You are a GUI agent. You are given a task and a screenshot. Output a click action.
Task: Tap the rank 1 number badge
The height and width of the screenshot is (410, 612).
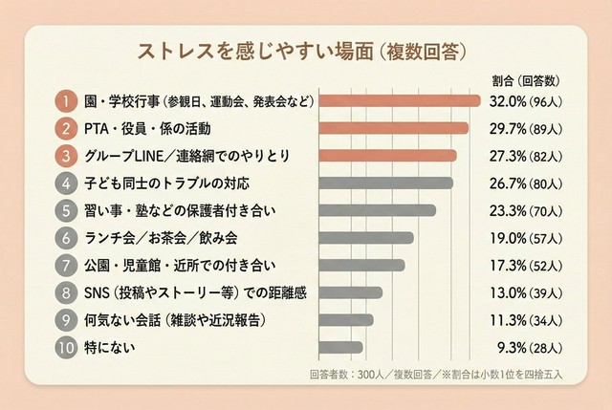coord(63,100)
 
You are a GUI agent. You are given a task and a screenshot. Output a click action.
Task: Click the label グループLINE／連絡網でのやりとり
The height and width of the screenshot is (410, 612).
coord(172,155)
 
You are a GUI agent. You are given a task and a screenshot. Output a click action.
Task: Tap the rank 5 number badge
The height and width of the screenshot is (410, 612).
coord(63,210)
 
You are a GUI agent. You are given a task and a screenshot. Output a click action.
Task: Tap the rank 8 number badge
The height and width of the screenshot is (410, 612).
coord(63,292)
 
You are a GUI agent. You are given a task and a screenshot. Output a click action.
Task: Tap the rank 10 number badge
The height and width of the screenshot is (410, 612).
coord(63,348)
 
